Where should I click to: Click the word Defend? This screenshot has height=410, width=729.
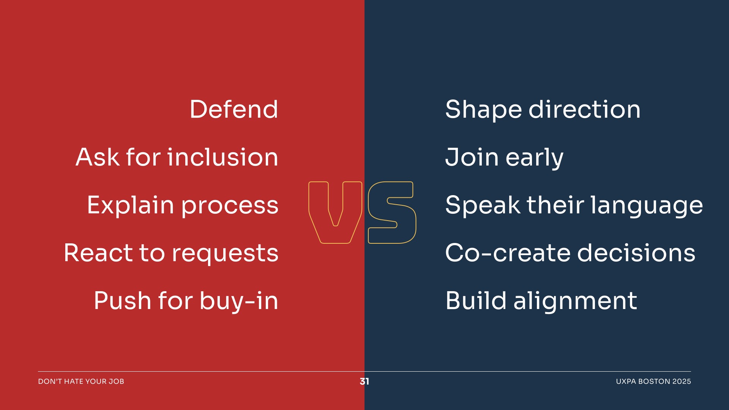(234, 109)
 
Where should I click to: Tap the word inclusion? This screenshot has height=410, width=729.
(222, 157)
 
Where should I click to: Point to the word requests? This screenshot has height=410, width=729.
(225, 254)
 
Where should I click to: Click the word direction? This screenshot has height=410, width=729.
(585, 109)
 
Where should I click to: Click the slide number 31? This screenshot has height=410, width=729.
(364, 381)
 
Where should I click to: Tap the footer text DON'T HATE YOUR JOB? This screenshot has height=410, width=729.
(81, 381)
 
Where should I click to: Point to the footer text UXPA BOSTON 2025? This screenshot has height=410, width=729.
(653, 381)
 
